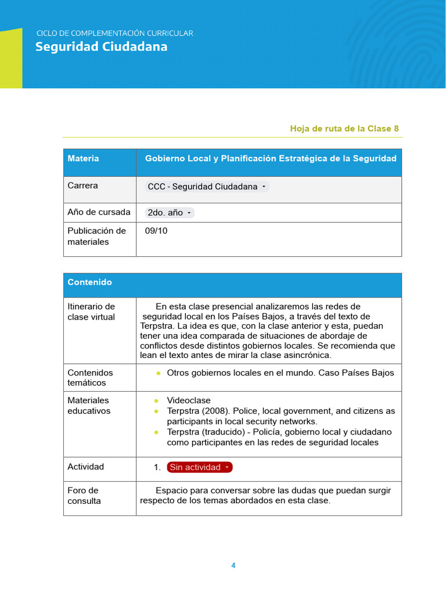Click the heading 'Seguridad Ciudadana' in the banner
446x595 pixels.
point(101,47)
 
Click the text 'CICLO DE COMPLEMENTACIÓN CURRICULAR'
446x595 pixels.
point(114,33)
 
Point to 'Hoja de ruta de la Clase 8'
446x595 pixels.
point(344,128)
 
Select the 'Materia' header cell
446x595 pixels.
point(83,159)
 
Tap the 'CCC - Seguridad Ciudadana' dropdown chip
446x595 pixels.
point(207,187)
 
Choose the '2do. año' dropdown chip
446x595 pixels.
point(169,213)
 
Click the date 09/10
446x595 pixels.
point(156,231)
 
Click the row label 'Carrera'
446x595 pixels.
point(82,186)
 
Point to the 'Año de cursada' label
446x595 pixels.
point(99,212)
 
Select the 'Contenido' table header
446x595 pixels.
point(89,282)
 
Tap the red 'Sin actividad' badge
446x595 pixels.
point(199,467)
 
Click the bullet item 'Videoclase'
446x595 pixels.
point(189,400)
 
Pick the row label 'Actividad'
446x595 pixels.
point(85,467)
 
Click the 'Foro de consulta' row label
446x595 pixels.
point(84,496)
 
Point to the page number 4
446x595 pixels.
point(233,565)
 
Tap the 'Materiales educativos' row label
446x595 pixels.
point(88,406)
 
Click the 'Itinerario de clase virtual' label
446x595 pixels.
point(91,311)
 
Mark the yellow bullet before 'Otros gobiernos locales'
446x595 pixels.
point(158,373)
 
